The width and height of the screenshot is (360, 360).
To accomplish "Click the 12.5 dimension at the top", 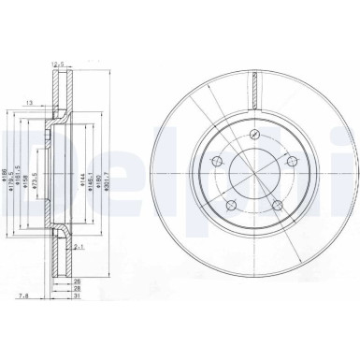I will [63, 65].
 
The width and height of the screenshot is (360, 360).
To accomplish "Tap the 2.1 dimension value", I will [81, 248].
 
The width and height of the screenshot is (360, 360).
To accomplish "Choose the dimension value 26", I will [81, 280].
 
